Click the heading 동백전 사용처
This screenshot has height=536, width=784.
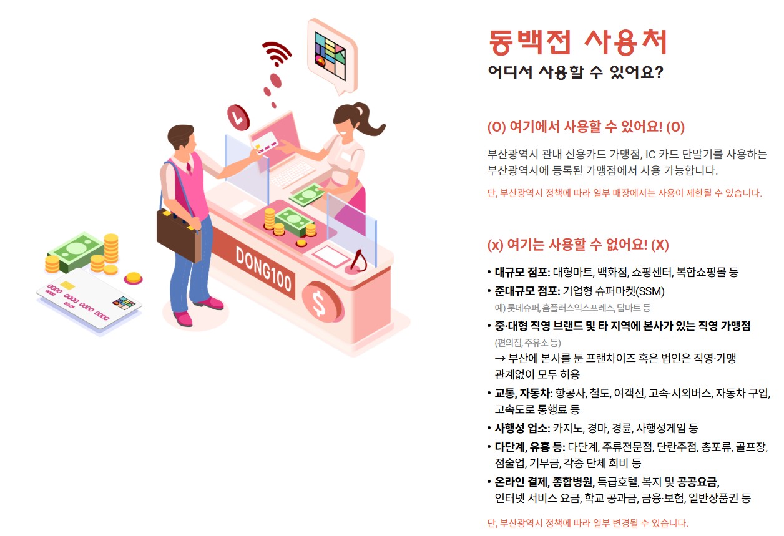(x=577, y=43)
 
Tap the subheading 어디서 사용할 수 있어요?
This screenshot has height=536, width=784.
(x=575, y=72)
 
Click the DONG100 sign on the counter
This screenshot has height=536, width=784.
(x=263, y=269)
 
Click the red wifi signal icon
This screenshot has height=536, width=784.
(x=277, y=54)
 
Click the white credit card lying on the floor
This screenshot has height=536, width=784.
(x=87, y=300)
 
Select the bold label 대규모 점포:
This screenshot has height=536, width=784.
(x=522, y=272)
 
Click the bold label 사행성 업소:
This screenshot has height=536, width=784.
(x=522, y=428)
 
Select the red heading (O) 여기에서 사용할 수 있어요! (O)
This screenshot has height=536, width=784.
(x=586, y=127)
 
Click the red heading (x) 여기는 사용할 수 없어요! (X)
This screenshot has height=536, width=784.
(x=577, y=245)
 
